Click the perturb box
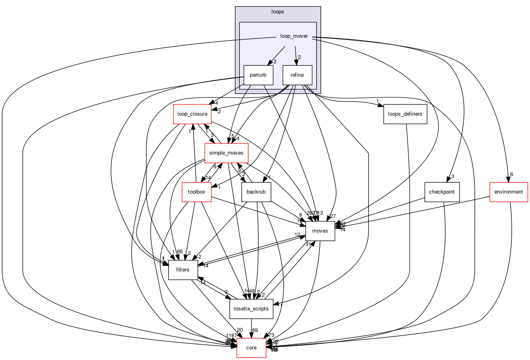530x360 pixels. click(x=258, y=75)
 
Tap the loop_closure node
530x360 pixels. click(x=193, y=114)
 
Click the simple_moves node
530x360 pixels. click(x=226, y=153)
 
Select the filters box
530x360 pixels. click(x=183, y=270)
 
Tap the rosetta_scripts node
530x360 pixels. click(x=252, y=309)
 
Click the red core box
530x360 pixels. click(x=251, y=348)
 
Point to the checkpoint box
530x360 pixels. click(x=442, y=192)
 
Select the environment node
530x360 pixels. click(x=508, y=192)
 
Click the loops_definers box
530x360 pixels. click(x=405, y=114)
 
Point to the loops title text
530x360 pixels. click(x=278, y=11)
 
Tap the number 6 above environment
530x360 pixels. click(x=511, y=174)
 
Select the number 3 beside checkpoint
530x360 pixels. click(x=452, y=177)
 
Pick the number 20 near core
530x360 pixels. click(x=240, y=330)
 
